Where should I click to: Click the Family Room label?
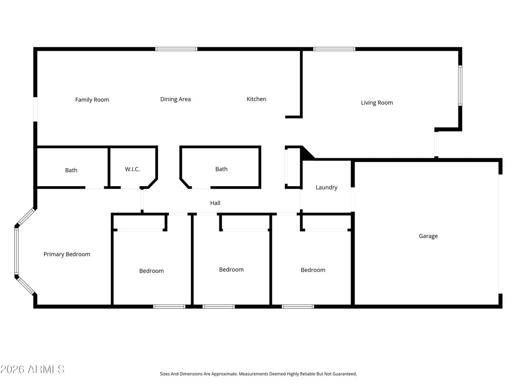click(x=92, y=100)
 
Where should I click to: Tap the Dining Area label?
click(x=175, y=99)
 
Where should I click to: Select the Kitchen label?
click(x=256, y=99)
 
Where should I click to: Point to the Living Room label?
click(x=377, y=103)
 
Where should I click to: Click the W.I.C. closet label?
click(x=132, y=169)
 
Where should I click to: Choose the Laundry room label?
click(x=326, y=187)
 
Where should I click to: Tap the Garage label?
click(x=428, y=236)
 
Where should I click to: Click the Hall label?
click(x=215, y=203)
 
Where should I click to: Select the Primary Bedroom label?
click(x=67, y=254)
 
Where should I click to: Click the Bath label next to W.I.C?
click(x=71, y=170)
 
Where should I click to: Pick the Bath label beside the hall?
click(x=221, y=169)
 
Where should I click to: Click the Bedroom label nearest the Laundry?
click(x=313, y=270)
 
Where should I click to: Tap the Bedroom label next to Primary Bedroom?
click(x=151, y=271)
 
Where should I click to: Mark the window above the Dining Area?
click(x=176, y=49)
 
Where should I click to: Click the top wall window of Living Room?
click(x=334, y=49)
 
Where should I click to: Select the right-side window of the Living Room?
click(x=460, y=86)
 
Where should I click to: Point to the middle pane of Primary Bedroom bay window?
click(x=16, y=251)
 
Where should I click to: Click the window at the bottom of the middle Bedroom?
click(x=218, y=307)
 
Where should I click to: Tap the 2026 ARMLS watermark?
click(x=32, y=369)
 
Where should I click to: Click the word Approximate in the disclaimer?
click(x=224, y=374)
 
